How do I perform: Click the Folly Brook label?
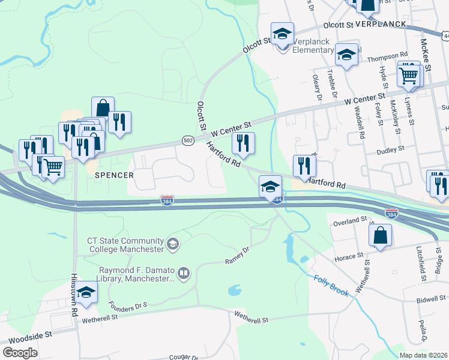coord(331,284)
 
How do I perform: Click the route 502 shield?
coord(188,140)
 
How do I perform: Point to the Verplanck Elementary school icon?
coord(282,34)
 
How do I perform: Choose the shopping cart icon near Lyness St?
coord(409,76)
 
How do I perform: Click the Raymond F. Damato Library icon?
coord(184,274)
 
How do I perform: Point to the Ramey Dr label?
coord(237,257)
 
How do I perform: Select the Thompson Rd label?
coord(387,58)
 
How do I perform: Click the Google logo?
coord(20,353)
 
